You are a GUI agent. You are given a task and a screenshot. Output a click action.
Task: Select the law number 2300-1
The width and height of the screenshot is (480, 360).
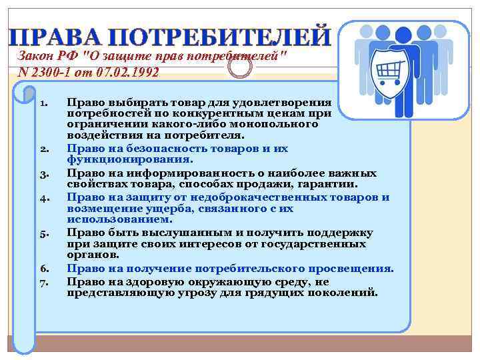point(50,72)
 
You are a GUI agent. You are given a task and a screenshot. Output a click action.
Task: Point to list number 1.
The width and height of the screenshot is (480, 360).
point(43,104)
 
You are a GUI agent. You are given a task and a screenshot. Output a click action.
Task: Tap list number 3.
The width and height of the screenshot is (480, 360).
point(43,175)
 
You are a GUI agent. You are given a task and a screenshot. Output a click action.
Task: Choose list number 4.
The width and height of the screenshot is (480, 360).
point(43,199)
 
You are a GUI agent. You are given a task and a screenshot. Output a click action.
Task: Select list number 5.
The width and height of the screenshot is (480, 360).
point(43,235)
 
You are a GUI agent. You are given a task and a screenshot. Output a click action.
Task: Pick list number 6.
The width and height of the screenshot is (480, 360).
point(43,270)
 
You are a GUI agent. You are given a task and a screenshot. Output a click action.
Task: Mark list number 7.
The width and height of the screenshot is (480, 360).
point(43,282)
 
